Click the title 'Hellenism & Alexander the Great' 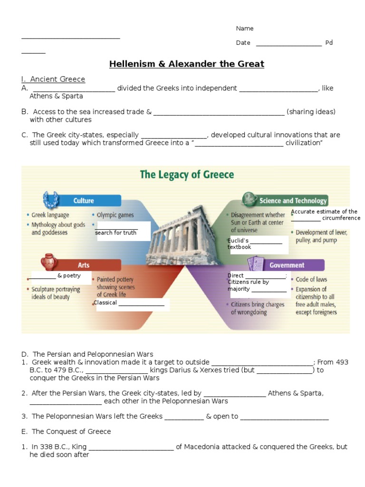coord(186,64)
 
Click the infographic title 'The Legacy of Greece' coord(186,175)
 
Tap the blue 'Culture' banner coord(84,201)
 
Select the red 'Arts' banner coord(84,265)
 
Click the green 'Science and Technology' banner coord(293,201)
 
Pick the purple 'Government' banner coord(287,265)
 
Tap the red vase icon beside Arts coord(48,262)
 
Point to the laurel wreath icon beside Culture coord(50,200)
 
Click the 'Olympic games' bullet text coord(115,215)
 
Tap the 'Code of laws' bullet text coord(311,279)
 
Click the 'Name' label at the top coord(245,29)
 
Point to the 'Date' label coord(243,43)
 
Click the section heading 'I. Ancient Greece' coord(53,79)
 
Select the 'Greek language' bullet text coord(50,215)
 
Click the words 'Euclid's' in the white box coord(239,241)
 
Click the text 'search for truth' coord(115,233)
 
